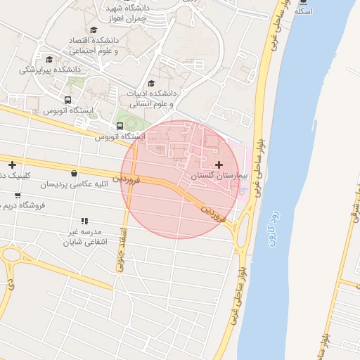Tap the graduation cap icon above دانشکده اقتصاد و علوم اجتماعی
[94, 30]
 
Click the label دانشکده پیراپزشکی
[50, 70]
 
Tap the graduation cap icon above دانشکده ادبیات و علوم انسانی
[151, 83]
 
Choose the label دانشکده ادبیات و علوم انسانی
[151, 98]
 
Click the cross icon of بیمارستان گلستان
[219, 165]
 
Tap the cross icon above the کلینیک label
[12, 165]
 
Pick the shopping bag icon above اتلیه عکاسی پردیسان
[75, 174]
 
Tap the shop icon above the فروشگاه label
[18, 195]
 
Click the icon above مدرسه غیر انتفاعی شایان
[84, 221]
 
